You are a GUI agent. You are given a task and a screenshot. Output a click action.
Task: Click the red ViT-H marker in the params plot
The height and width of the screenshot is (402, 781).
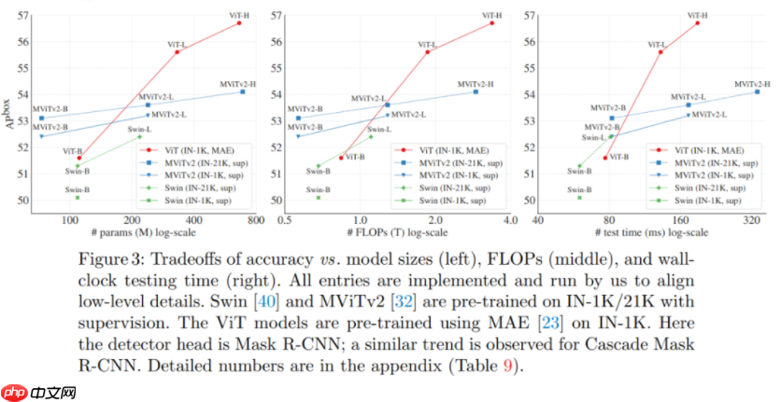pyautogui.click(x=239, y=22)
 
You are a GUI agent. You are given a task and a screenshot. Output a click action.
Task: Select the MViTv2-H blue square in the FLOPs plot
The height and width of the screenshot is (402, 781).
pyautogui.click(x=476, y=91)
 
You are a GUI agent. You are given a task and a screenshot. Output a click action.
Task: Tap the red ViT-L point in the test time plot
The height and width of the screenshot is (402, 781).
pyautogui.click(x=660, y=52)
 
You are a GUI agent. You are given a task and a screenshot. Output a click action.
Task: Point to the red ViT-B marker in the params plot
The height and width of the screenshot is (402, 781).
pyautogui.click(x=78, y=158)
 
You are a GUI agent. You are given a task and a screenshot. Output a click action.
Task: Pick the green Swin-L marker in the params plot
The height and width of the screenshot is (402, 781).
pyautogui.click(x=139, y=136)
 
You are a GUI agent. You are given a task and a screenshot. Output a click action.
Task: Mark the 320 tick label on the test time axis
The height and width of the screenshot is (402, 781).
pyautogui.click(x=751, y=220)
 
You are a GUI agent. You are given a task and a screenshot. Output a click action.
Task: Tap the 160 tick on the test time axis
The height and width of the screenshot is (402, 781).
pyautogui.click(x=679, y=220)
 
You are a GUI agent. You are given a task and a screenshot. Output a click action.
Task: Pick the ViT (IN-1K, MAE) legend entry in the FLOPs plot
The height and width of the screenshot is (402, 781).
pyautogui.click(x=452, y=149)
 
